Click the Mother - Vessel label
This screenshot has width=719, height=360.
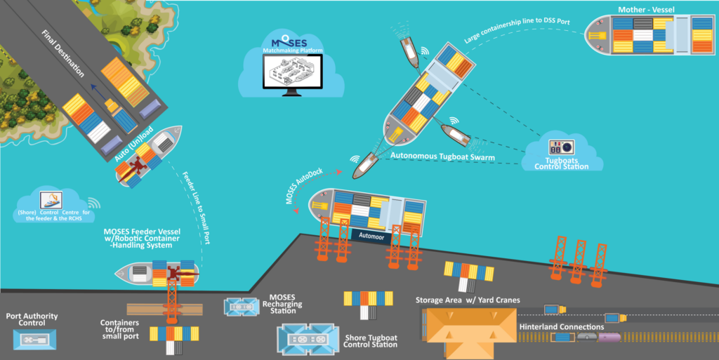646,10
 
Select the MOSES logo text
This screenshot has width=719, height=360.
289,42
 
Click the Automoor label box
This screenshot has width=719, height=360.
371,236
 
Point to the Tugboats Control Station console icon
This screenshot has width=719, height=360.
561,147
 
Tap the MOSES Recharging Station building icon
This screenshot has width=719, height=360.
242,307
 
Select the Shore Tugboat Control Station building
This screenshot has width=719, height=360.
308,340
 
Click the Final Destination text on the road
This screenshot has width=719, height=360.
62,53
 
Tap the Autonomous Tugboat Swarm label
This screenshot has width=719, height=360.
442,156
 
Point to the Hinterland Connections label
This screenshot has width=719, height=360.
561,327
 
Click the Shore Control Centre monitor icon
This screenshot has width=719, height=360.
51,200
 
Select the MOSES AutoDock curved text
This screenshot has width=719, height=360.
303,185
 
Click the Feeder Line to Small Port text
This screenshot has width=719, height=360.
197,208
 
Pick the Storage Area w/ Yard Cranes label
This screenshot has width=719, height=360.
468,300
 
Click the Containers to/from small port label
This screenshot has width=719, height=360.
119,329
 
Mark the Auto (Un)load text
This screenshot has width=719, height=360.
133,145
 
